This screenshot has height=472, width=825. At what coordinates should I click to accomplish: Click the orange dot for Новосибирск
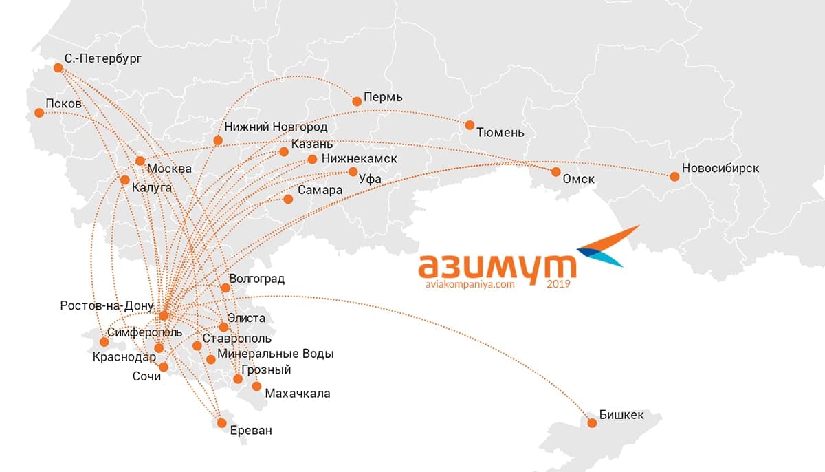674,177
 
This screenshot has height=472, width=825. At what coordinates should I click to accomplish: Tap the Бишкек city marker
591,422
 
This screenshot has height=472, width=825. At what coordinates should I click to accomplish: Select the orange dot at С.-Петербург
58,67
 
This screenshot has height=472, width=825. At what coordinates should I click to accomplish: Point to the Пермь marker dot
357,101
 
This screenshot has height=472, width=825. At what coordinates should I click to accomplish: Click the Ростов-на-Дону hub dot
164,316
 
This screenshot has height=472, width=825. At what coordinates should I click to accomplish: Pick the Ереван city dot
221,423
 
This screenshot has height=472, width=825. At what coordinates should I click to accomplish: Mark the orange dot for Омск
556,171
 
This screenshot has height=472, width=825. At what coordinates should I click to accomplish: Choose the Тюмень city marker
470,125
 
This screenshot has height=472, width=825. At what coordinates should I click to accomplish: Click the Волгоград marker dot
225,288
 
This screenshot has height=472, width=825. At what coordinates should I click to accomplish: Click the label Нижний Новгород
276,127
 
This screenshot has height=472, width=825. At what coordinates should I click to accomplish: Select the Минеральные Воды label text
275,354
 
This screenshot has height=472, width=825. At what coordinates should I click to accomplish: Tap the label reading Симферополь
145,332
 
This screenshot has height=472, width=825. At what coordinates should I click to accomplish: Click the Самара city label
320,190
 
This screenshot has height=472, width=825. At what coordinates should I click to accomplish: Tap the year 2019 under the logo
558,283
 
